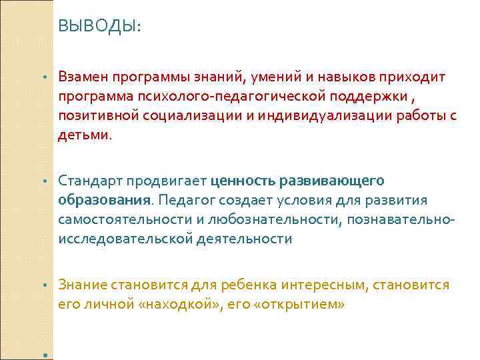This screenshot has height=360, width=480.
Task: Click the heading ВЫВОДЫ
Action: [x=99, y=26]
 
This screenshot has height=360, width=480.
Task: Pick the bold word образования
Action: [x=104, y=201]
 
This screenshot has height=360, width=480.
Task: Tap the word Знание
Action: [x=82, y=285]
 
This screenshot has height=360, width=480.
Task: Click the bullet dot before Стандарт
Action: [x=45, y=181]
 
